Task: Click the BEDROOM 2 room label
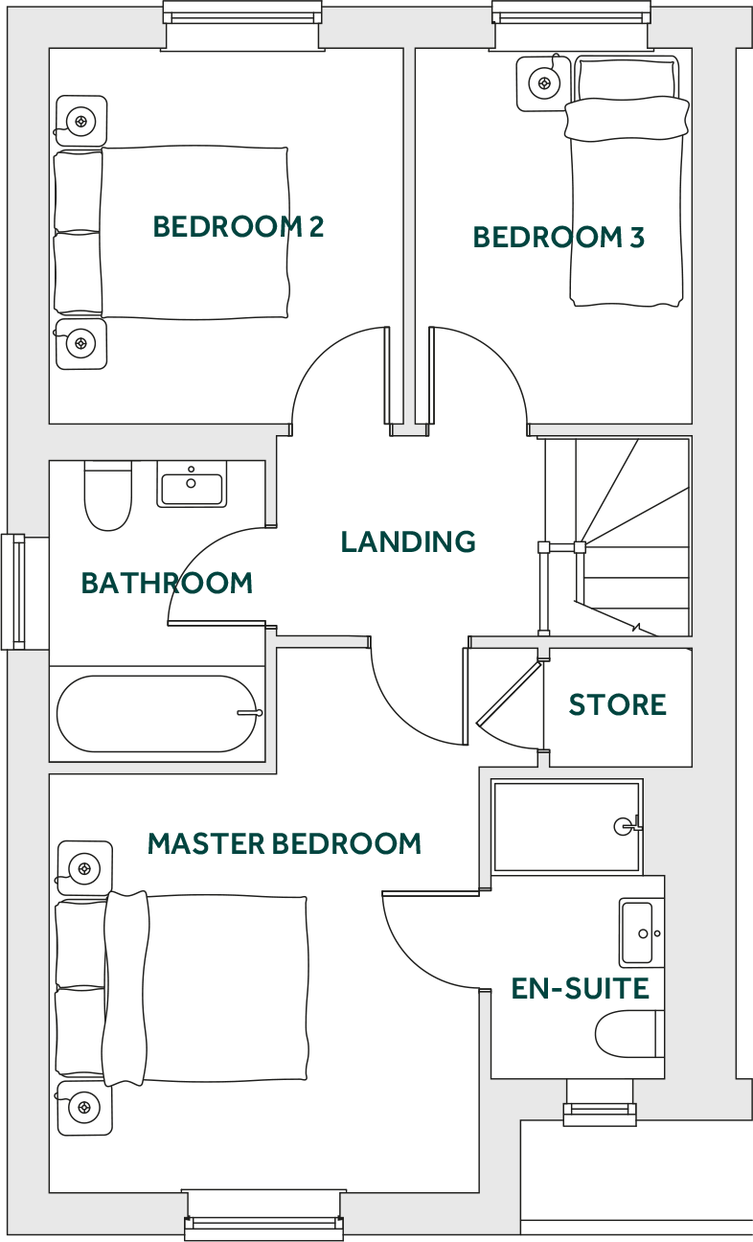tap(239, 227)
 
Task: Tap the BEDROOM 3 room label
tap(559, 237)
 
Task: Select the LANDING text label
tap(408, 541)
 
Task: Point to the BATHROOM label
tap(167, 583)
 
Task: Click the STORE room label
tap(618, 705)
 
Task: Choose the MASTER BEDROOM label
tap(285, 844)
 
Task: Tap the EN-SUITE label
tap(581, 988)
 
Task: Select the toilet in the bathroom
tap(108, 495)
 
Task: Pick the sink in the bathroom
tap(192, 485)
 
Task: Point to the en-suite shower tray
tap(566, 826)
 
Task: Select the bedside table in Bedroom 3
tap(543, 83)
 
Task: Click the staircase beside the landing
tap(632, 537)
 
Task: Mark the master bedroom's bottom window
tap(263, 1221)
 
